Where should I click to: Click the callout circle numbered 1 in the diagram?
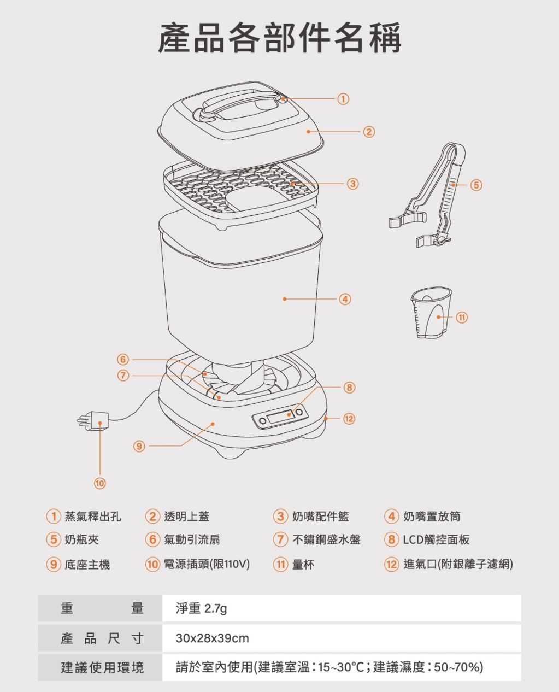click(343, 99)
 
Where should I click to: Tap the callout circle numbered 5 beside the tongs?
click(476, 185)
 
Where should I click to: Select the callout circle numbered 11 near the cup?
click(462, 317)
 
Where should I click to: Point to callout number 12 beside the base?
click(349, 418)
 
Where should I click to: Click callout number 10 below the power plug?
click(99, 483)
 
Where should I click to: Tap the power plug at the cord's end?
click(96, 421)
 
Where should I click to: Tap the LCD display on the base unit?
click(282, 418)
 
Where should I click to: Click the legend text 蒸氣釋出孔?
click(93, 516)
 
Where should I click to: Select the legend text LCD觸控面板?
click(436, 540)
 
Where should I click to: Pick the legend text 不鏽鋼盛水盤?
click(326, 540)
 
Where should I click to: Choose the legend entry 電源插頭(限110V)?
click(207, 564)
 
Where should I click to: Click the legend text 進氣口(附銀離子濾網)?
click(458, 564)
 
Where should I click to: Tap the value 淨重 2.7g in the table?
click(201, 608)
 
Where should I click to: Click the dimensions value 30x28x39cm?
click(212, 638)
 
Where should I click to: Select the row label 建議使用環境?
click(102, 667)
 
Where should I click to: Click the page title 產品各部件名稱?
click(279, 38)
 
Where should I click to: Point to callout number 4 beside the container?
click(344, 299)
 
